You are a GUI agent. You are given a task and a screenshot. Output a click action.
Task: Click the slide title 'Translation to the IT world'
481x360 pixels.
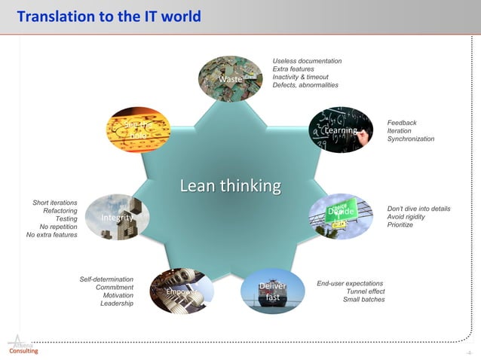tap(109, 16)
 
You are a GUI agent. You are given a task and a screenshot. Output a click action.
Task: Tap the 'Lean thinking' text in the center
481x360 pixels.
tap(230, 185)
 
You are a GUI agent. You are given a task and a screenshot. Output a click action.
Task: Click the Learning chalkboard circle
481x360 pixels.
tap(341, 130)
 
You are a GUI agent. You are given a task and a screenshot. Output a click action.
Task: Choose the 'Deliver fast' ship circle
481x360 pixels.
tap(273, 291)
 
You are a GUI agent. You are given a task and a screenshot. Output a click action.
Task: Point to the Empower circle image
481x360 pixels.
tap(182, 291)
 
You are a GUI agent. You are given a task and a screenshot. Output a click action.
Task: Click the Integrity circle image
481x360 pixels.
tap(118, 218)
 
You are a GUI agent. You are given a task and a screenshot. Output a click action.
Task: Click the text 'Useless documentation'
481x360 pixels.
tap(307, 61)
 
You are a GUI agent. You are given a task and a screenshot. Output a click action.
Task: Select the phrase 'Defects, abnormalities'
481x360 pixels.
tap(305, 85)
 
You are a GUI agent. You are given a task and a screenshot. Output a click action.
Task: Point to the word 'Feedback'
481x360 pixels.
tap(402, 123)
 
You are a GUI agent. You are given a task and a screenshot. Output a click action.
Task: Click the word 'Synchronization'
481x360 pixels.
tap(411, 139)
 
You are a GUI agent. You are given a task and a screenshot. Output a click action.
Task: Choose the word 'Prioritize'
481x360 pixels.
tap(400, 225)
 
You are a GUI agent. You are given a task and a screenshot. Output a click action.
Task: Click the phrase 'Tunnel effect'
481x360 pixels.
tap(366, 291)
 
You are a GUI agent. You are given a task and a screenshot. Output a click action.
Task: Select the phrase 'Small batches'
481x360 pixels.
tap(363, 300)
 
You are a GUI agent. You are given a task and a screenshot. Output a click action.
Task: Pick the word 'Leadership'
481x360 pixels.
tap(117, 304)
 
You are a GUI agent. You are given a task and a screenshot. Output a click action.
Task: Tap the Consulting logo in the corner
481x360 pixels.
tap(22, 346)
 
